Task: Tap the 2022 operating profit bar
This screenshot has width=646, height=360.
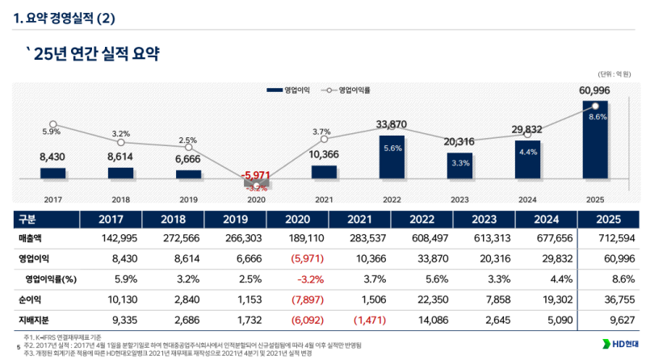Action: pyautogui.click(x=392, y=157)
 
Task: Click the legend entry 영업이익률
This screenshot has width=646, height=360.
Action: pyautogui.click(x=353, y=90)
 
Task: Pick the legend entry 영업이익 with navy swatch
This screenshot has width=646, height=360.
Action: pyautogui.click(x=287, y=90)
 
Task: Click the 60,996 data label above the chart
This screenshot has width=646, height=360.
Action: pyautogui.click(x=594, y=90)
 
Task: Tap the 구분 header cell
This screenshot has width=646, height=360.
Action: pyautogui.click(x=27, y=219)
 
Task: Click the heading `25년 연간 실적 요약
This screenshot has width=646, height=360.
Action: pyautogui.click(x=92, y=54)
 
